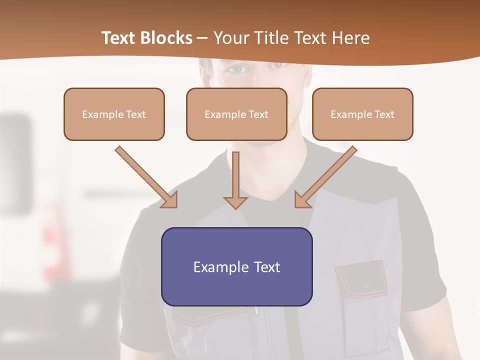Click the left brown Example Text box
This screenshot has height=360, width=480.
click(x=114, y=114)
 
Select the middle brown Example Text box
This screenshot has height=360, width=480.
click(x=236, y=114)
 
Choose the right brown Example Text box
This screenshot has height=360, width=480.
click(x=362, y=114)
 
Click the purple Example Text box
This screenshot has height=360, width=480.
click(x=236, y=267)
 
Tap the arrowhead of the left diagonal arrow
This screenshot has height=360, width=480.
click(x=170, y=200)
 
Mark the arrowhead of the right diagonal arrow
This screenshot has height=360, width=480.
click(x=302, y=200)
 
